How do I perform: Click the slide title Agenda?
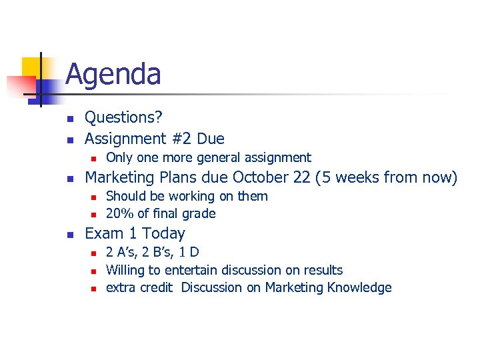113,74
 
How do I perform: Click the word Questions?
124,117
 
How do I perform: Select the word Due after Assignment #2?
211,139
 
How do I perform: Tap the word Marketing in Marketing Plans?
121,177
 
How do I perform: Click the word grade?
200,213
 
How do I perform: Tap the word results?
323,270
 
